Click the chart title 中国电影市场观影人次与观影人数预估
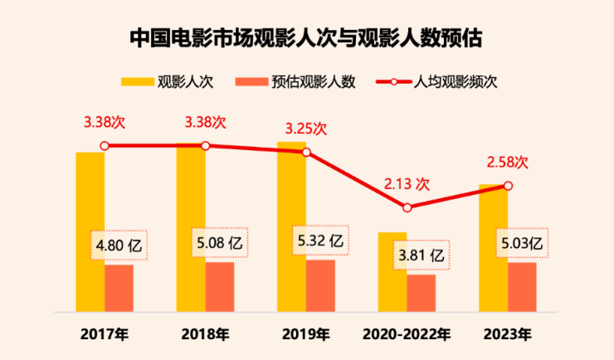(x=306, y=37)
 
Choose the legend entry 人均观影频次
(x=457, y=81)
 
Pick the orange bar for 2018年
(x=220, y=287)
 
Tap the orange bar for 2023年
(x=522, y=287)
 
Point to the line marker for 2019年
(x=306, y=153)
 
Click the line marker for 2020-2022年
(x=407, y=207)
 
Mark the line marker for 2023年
(x=508, y=186)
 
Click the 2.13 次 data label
(x=407, y=183)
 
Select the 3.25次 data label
(x=305, y=129)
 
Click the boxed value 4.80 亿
(x=118, y=246)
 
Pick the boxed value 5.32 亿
(x=319, y=241)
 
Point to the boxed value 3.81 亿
(x=421, y=255)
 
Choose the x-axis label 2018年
(x=206, y=335)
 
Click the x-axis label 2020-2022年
(x=407, y=335)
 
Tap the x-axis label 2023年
(x=508, y=335)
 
